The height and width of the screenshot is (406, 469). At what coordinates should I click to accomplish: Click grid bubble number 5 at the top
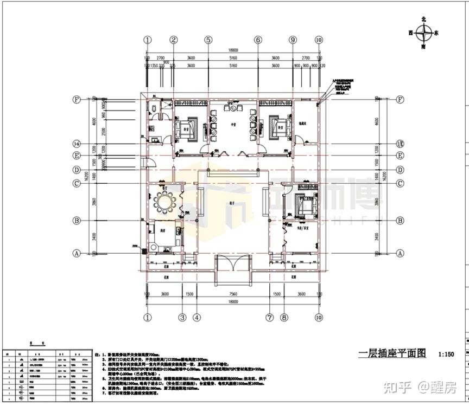point(208,40)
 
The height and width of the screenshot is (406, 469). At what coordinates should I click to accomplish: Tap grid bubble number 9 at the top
point(293,40)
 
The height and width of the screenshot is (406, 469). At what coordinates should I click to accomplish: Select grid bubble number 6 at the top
point(258,40)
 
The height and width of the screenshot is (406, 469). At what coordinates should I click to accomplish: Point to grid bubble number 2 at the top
point(173,40)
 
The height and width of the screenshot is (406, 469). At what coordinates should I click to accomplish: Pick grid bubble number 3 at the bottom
point(183,317)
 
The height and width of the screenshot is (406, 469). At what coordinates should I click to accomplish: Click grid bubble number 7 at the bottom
point(269,317)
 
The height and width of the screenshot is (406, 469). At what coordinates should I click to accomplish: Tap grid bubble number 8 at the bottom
point(283,317)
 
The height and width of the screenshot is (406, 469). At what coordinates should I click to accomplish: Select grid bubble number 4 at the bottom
point(197,317)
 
